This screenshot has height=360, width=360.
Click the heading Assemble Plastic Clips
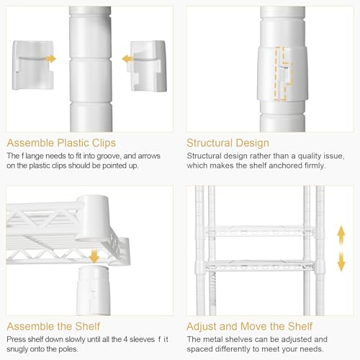click(61, 143)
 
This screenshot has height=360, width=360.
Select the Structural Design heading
click(228, 143)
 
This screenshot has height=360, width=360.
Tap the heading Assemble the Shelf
click(53, 326)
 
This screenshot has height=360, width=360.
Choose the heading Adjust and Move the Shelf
click(249, 326)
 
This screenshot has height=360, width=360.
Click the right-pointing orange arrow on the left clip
click(51, 59)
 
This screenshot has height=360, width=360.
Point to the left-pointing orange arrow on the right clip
click(127, 59)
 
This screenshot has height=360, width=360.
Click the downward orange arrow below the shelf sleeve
click(94, 256)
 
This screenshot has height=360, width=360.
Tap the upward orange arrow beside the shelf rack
click(341, 235)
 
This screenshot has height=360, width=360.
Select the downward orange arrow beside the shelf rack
click(341, 261)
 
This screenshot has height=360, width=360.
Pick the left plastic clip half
click(33, 66)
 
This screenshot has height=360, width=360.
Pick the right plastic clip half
click(148, 66)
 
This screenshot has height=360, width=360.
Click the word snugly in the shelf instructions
click(17, 349)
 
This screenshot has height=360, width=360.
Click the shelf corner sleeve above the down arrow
click(92, 217)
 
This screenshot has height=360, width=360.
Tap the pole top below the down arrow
click(94, 290)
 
